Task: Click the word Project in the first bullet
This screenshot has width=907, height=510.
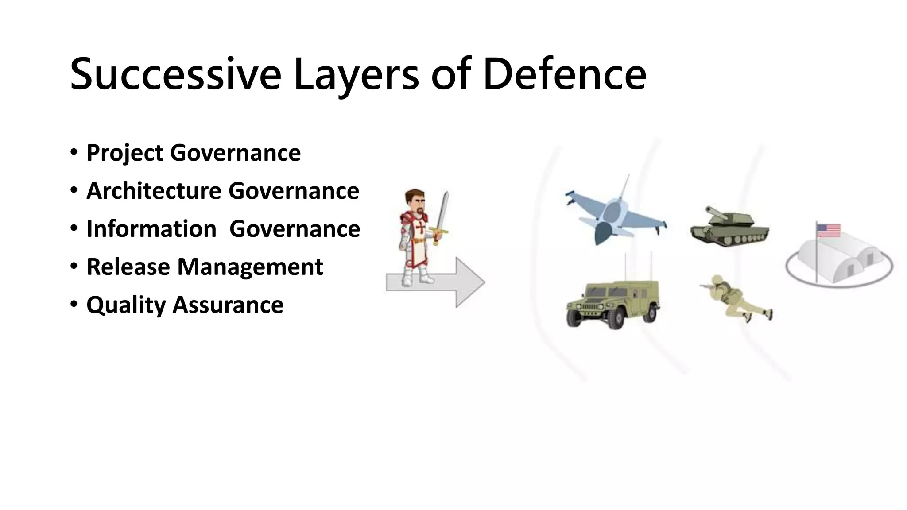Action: pyautogui.click(x=125, y=153)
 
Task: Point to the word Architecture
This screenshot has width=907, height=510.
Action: pyautogui.click(x=154, y=191)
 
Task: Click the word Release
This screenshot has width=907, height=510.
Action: pyautogui.click(x=128, y=267)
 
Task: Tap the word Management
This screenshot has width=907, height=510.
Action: pyautogui.click(x=250, y=267)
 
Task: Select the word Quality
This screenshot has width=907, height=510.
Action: pyautogui.click(x=126, y=305)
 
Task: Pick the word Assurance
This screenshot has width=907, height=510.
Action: pyautogui.click(x=228, y=305)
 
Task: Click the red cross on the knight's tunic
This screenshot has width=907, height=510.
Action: pyautogui.click(x=420, y=229)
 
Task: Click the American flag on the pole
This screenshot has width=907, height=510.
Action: pyautogui.click(x=829, y=231)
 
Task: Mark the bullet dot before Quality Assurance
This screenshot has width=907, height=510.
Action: pyautogui.click(x=74, y=305)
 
